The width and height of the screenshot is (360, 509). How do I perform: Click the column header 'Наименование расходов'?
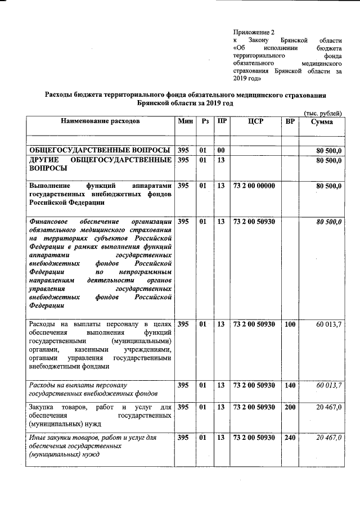(x=101, y=121)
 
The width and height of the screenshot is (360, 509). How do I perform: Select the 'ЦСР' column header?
(x=255, y=121)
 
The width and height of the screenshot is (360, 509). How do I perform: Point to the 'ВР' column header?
(x=290, y=121)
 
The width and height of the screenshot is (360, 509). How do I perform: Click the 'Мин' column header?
(x=185, y=121)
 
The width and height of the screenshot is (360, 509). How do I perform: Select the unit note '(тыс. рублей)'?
(x=323, y=113)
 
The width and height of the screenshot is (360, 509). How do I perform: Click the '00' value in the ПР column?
(x=221, y=150)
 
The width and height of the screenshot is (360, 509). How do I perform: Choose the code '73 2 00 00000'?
(x=254, y=185)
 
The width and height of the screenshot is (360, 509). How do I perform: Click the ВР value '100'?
(x=290, y=324)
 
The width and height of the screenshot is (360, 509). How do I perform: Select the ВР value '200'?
(x=290, y=407)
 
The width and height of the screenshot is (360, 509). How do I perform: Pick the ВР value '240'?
(x=290, y=437)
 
